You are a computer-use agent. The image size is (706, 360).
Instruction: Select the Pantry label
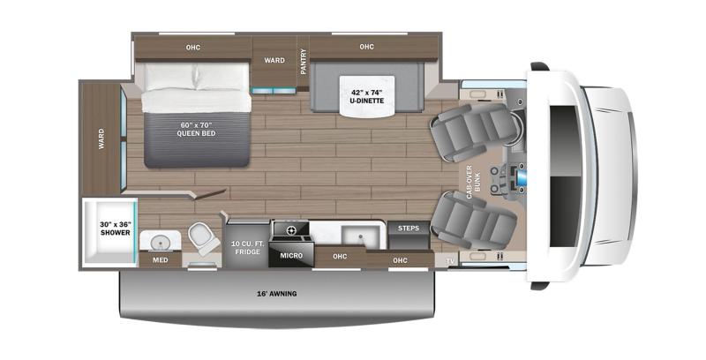(x=303, y=67)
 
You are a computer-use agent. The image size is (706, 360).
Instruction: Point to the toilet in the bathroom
(x=202, y=236)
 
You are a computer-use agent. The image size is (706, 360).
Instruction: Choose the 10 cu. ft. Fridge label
(x=246, y=247)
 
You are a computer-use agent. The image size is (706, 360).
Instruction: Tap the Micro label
(x=291, y=256)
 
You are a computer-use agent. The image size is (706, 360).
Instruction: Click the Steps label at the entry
(x=409, y=228)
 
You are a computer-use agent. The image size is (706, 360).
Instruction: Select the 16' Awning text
(x=277, y=293)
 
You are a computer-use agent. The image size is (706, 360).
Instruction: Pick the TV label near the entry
(x=450, y=262)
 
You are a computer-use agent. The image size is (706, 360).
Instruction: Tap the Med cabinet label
(x=160, y=260)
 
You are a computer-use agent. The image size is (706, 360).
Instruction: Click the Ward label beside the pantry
(x=274, y=60)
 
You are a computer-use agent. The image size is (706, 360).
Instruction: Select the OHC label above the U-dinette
(x=366, y=47)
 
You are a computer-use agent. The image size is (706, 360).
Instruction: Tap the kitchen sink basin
(x=357, y=235)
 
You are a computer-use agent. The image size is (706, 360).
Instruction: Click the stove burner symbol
(x=290, y=230)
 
